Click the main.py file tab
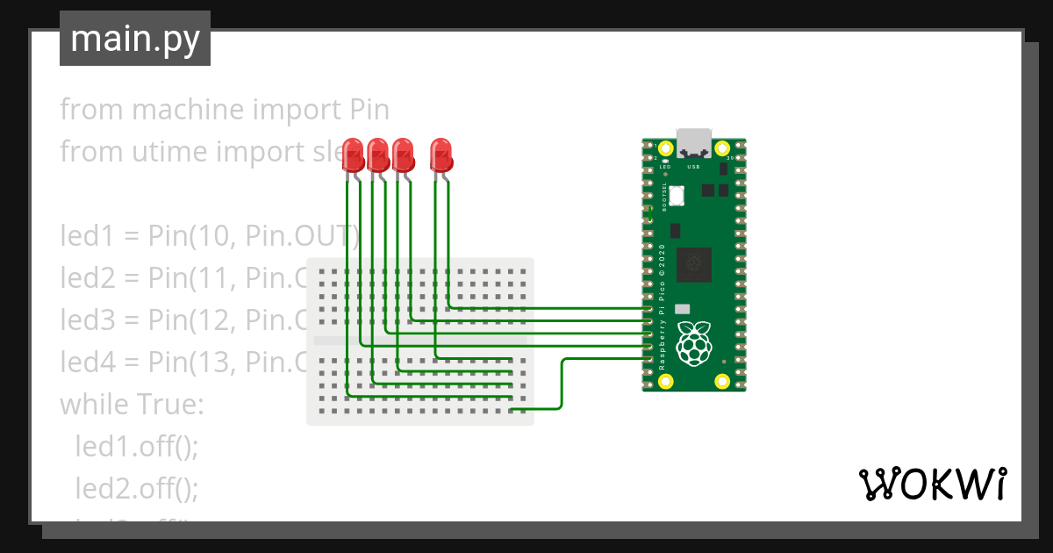(x=134, y=39)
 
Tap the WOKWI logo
(x=931, y=484)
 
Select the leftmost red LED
(x=353, y=155)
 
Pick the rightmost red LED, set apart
(x=441, y=155)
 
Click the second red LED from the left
(x=378, y=155)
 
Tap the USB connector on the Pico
(x=693, y=143)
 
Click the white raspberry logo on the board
(x=694, y=343)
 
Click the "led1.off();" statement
(x=138, y=447)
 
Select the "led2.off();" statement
(x=138, y=488)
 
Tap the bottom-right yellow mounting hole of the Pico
(x=722, y=381)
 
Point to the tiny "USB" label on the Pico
(x=693, y=166)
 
